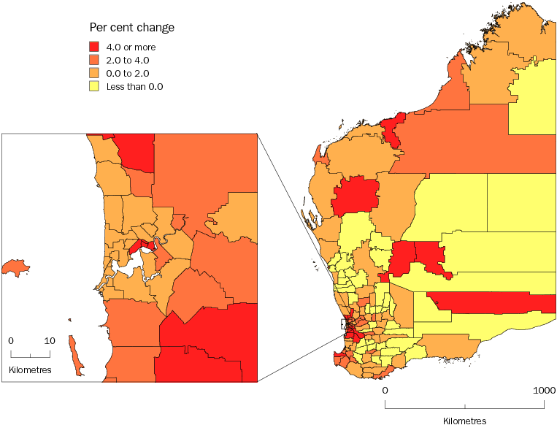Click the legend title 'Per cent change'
131,28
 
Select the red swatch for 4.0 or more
96,47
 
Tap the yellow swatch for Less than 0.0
96,86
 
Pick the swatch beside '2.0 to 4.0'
96,60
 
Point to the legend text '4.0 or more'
131,47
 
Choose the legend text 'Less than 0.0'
135,86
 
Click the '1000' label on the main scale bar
544,391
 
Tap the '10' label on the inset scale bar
50,341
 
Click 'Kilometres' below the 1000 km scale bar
464,421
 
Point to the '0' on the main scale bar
385,391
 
